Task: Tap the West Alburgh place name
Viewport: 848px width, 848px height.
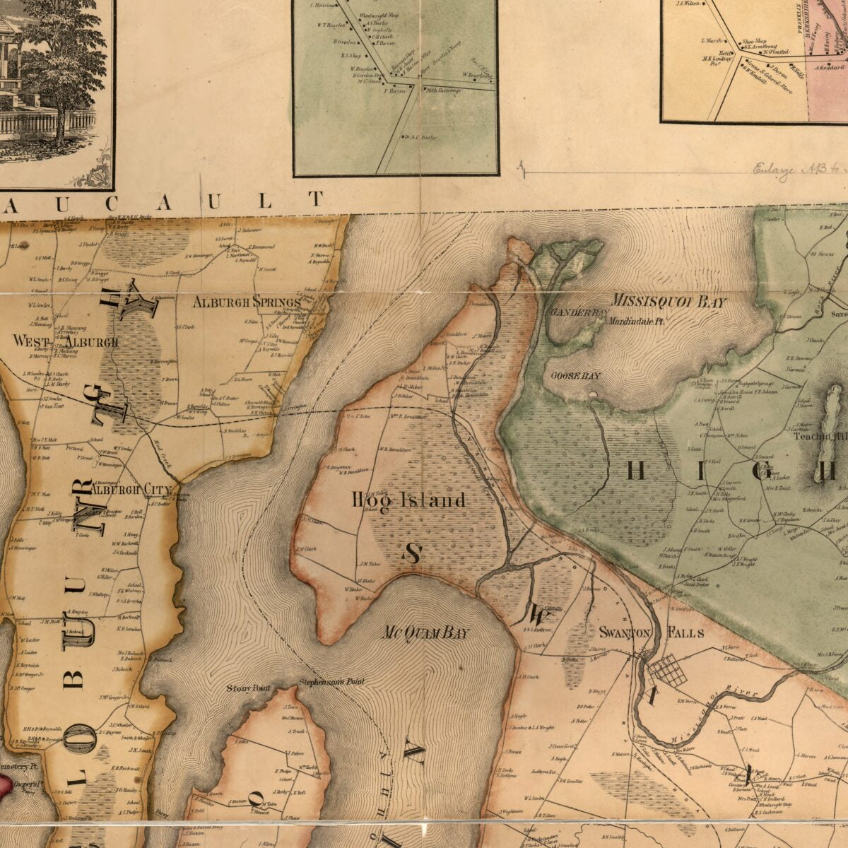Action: click(x=66, y=341)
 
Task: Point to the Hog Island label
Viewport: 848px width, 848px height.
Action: click(x=409, y=500)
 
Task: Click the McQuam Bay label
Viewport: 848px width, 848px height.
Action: click(x=425, y=632)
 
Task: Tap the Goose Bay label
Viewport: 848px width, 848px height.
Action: click(x=575, y=375)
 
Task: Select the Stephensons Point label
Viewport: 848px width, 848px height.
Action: click(x=331, y=682)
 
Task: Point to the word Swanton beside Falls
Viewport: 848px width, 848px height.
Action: click(x=624, y=632)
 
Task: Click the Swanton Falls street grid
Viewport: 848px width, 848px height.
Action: click(x=668, y=669)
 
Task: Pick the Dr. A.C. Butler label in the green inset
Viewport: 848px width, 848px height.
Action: click(x=420, y=137)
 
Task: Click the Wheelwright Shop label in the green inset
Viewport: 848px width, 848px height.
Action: click(x=380, y=15)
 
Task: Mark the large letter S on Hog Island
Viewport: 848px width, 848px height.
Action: click(x=413, y=553)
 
